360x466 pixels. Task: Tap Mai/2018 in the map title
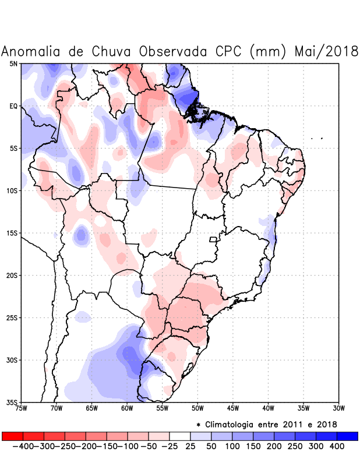(x=326, y=51)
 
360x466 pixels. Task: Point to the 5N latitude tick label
(x=13, y=63)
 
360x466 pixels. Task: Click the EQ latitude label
(x=13, y=106)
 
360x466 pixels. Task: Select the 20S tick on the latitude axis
(x=12, y=276)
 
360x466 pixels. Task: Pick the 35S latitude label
(x=12, y=403)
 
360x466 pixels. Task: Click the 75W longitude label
(x=22, y=408)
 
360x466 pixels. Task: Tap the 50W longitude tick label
(x=197, y=408)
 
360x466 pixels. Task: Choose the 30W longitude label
(x=339, y=408)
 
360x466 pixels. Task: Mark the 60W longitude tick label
(x=127, y=408)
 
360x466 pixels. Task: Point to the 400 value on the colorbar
(x=337, y=446)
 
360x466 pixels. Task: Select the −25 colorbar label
(x=169, y=446)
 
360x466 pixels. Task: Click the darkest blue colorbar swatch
(x=348, y=436)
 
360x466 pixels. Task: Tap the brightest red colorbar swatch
(x=12, y=436)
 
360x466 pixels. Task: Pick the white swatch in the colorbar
(x=180, y=436)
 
